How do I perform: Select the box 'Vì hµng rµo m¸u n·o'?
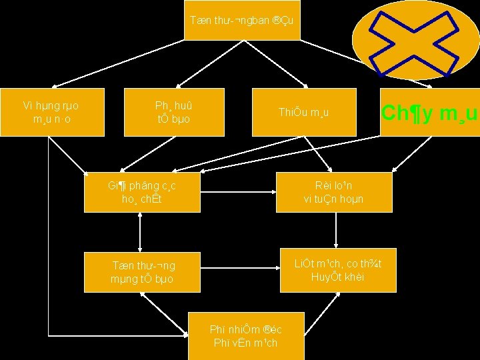pos(52,111)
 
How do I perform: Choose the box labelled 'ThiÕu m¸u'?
pos(303,112)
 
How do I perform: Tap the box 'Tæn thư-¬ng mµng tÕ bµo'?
pos(143,272)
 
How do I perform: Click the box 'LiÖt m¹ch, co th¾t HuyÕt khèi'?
pos(338,270)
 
